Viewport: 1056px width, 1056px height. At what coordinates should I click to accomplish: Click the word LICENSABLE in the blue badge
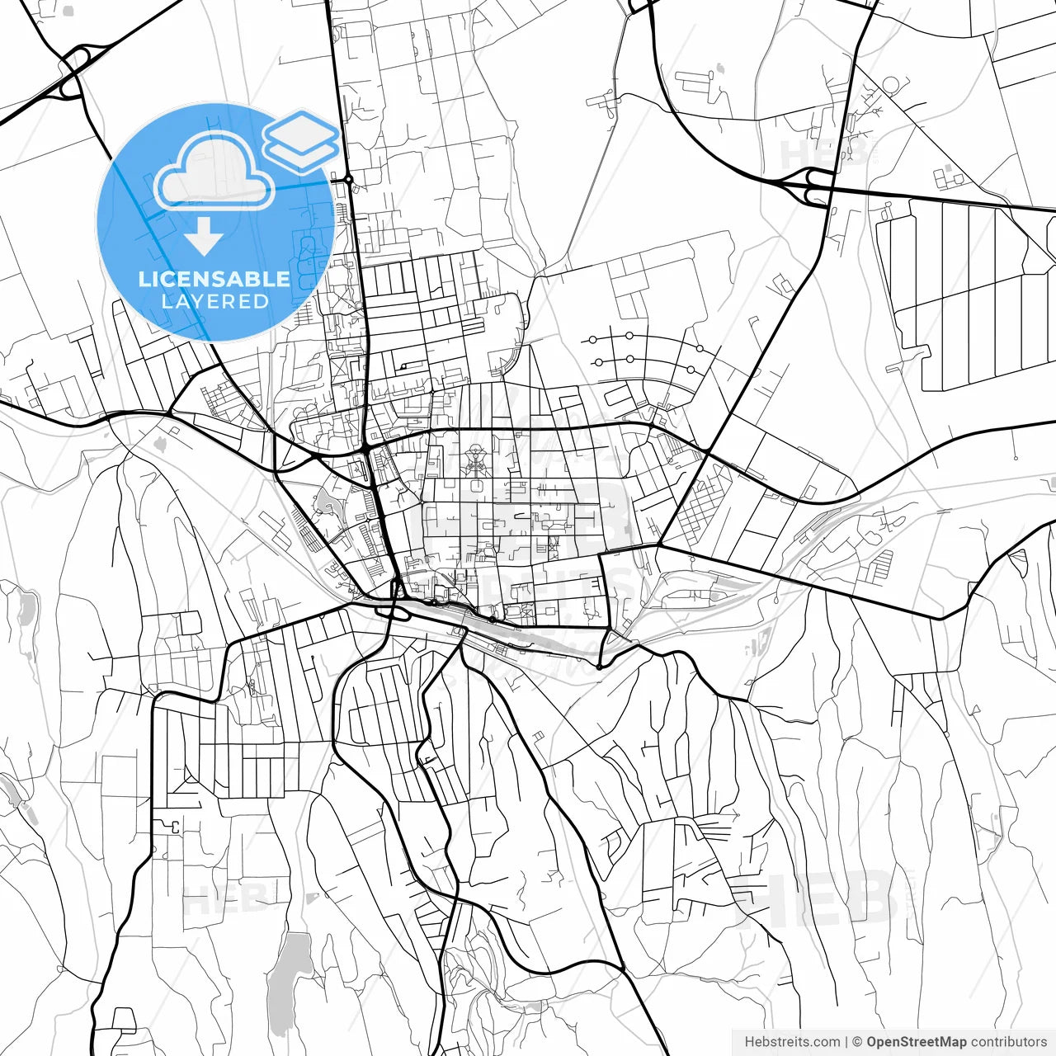(x=214, y=279)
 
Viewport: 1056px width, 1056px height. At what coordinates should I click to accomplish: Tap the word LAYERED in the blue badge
(x=214, y=302)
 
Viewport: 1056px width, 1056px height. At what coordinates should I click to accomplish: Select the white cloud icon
(x=214, y=172)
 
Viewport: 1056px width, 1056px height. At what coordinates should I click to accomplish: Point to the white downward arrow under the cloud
(x=204, y=238)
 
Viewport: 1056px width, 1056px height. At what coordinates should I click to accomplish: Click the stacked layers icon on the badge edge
(x=301, y=140)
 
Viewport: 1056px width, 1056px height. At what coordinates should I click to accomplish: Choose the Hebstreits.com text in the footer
(x=793, y=1042)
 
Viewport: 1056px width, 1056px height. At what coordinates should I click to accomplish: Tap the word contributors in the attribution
(x=1008, y=1042)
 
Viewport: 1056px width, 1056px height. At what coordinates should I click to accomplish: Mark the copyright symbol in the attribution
(x=857, y=1042)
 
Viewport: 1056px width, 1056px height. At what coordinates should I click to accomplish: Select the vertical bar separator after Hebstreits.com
(x=847, y=1042)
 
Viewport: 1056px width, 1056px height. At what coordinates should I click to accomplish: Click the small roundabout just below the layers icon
(x=349, y=179)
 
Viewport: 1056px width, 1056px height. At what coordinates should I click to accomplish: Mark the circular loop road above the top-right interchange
(x=891, y=85)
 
